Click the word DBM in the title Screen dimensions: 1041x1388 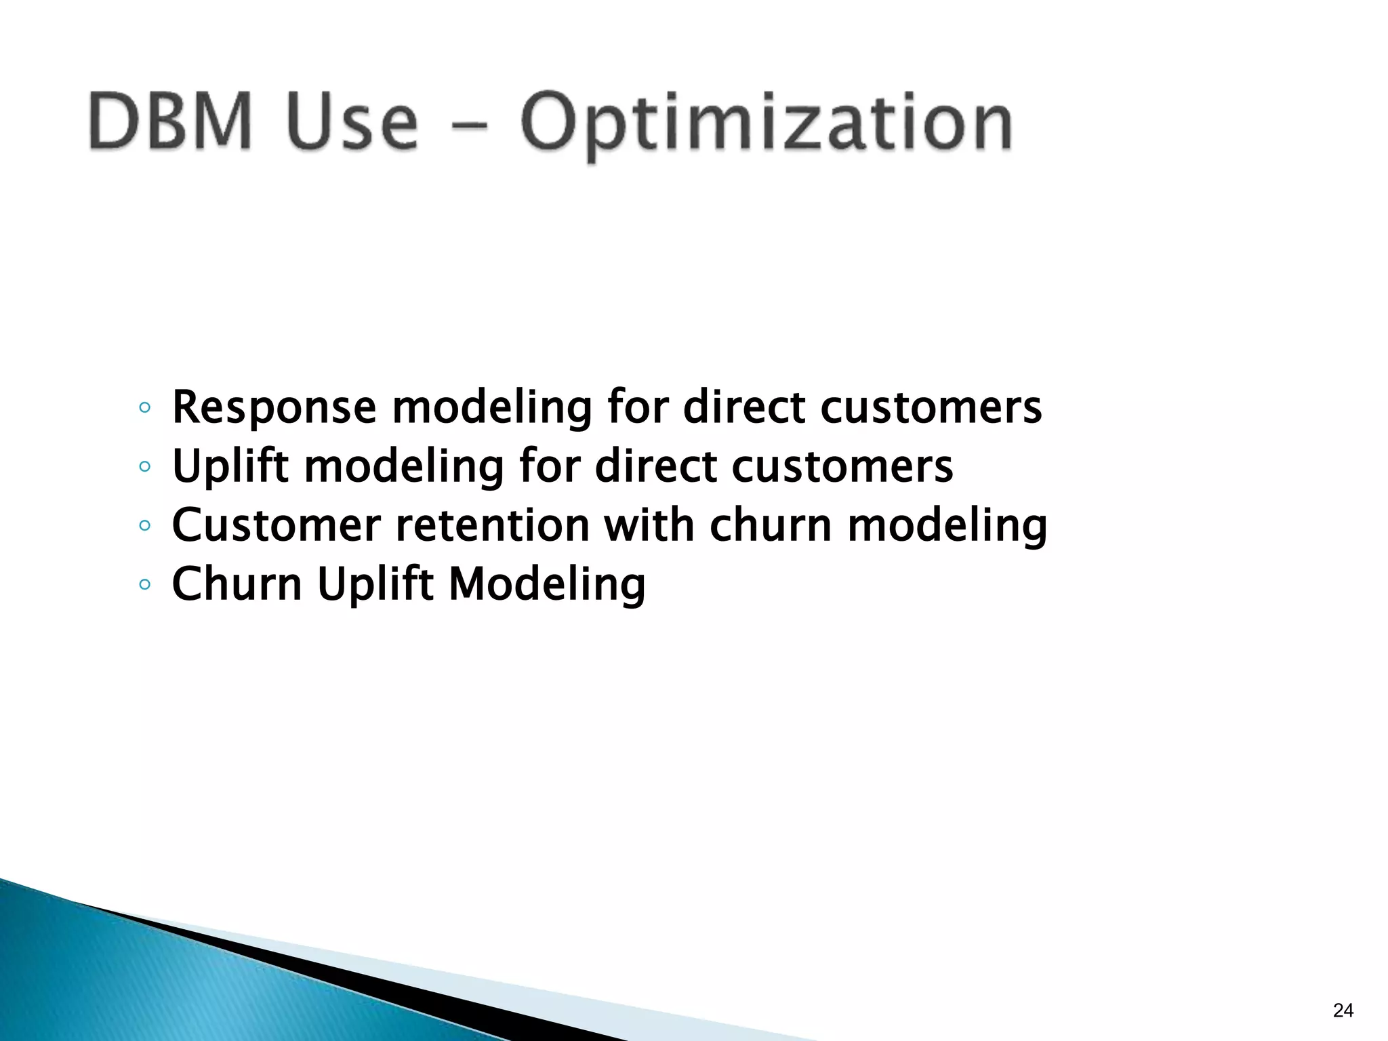tap(169, 122)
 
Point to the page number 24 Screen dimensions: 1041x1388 tap(1343, 1011)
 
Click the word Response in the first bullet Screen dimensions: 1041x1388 tap(274, 409)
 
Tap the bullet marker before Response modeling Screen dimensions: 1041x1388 tap(144, 408)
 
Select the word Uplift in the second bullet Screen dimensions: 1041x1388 tap(230, 468)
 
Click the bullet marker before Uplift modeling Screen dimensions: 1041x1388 tap(144, 467)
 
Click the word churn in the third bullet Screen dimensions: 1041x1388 tap(770, 526)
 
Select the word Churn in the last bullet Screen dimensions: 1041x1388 tap(237, 584)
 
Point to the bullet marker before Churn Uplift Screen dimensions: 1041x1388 tap(144, 584)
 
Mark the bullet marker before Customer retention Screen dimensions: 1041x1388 tap(144, 526)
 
